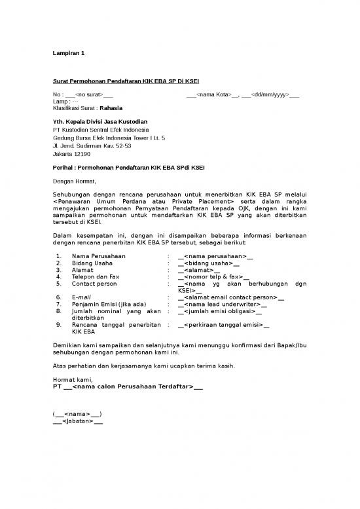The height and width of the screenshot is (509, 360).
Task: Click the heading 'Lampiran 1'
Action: click(x=68, y=52)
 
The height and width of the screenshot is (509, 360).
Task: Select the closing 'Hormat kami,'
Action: click(x=72, y=379)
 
